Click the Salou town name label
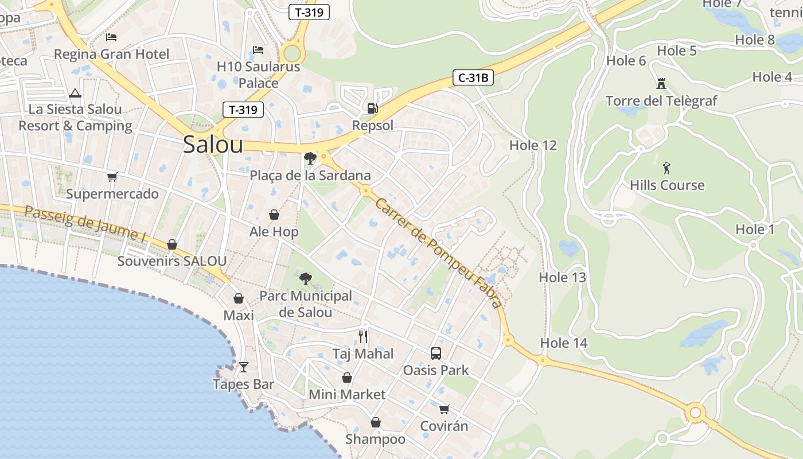point(213,145)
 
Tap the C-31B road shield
point(473,77)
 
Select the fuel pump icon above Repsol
point(373,108)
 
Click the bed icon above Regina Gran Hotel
point(111,37)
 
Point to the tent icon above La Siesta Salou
point(75,93)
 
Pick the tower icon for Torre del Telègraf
point(661,84)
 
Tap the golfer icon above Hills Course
point(666,168)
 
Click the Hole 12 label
point(533,145)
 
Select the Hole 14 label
point(564,343)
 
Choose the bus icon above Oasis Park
point(436,353)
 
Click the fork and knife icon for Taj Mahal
point(363,336)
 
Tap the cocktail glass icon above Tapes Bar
point(244,367)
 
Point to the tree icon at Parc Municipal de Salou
point(306,279)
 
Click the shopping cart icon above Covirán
point(444,409)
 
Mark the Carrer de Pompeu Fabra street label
point(439,253)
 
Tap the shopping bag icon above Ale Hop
point(274,215)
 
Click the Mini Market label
point(347,395)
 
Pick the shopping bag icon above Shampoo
point(375,423)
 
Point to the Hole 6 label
point(626,60)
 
